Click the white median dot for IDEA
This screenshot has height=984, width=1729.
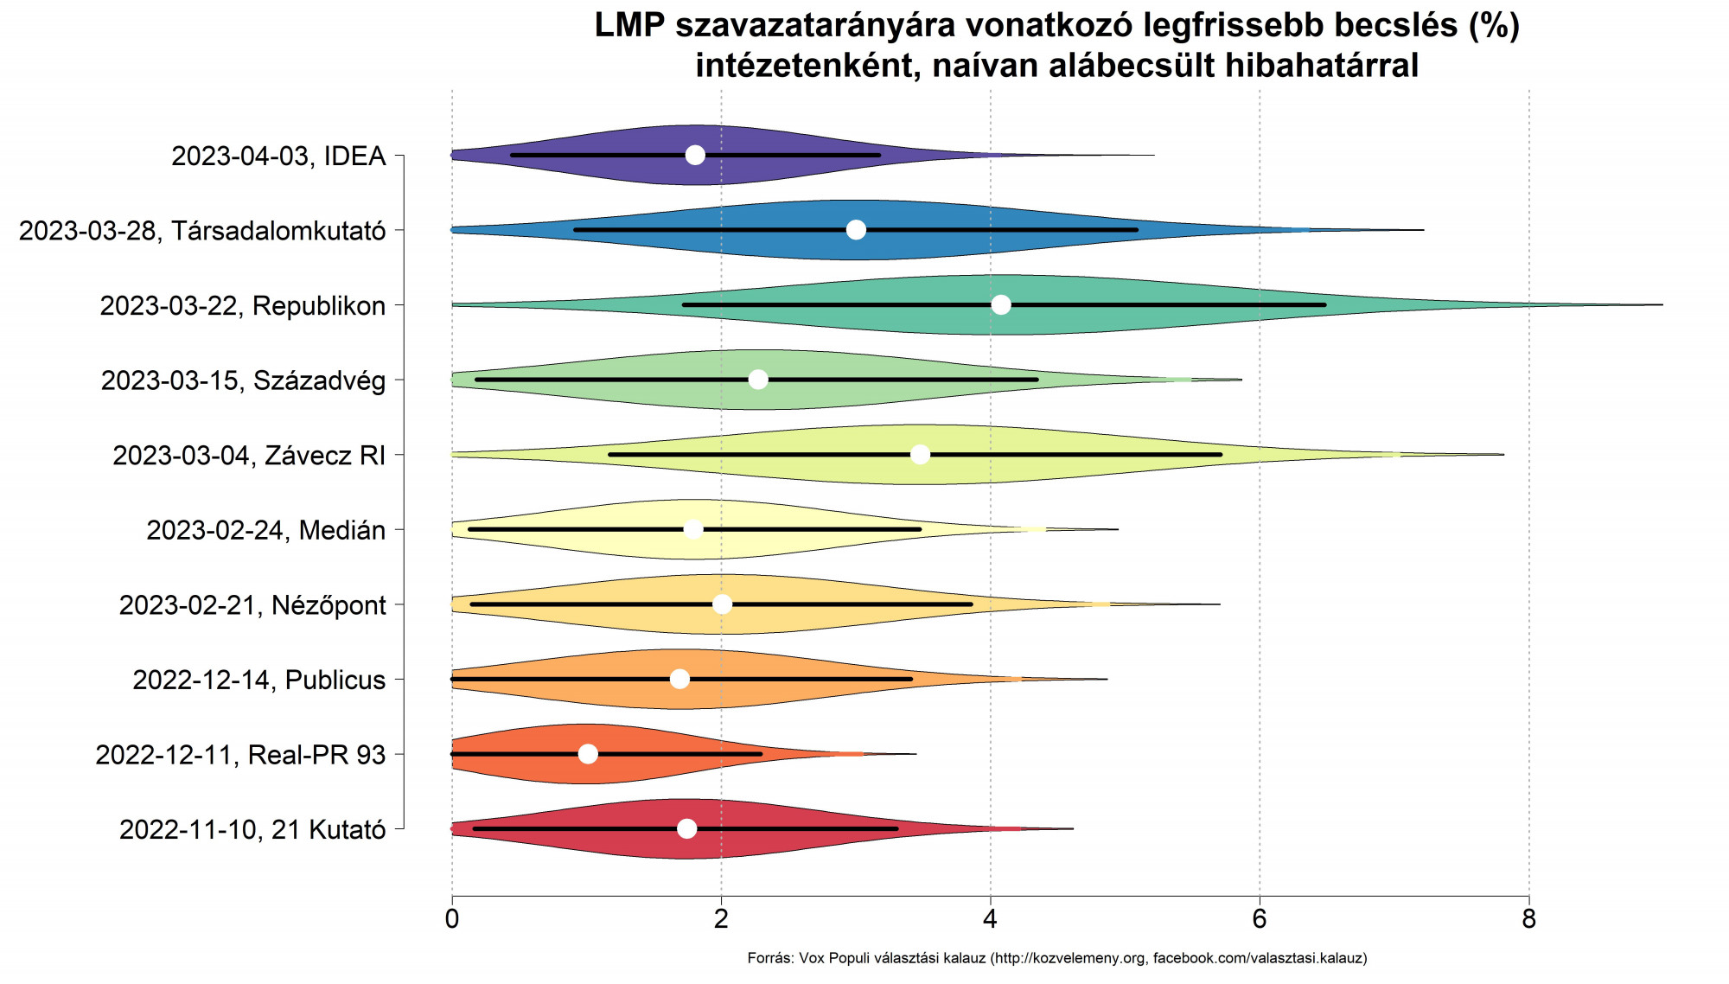(x=695, y=155)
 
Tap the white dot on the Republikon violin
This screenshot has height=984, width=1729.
(x=1001, y=304)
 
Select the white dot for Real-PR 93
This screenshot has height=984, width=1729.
(x=588, y=754)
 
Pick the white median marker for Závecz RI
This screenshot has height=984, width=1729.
(x=920, y=454)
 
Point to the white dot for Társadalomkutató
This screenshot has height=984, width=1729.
(x=856, y=229)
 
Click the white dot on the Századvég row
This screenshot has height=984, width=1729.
(x=758, y=380)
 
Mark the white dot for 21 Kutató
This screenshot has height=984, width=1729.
(x=687, y=828)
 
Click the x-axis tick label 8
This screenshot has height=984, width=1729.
(x=1529, y=918)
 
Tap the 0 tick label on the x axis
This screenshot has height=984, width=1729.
(x=452, y=918)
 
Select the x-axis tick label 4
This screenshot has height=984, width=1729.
(x=991, y=918)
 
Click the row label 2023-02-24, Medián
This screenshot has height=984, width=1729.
(x=265, y=530)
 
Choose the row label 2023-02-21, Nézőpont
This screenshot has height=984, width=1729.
(x=252, y=605)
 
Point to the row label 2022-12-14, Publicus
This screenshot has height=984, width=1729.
(x=258, y=680)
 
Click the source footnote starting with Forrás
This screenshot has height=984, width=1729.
(x=1056, y=958)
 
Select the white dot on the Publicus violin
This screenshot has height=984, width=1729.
(x=680, y=679)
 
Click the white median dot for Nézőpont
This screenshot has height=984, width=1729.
(x=723, y=604)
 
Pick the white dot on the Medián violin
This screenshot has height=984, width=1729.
(x=693, y=529)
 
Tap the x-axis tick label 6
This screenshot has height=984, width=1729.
(x=1260, y=918)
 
